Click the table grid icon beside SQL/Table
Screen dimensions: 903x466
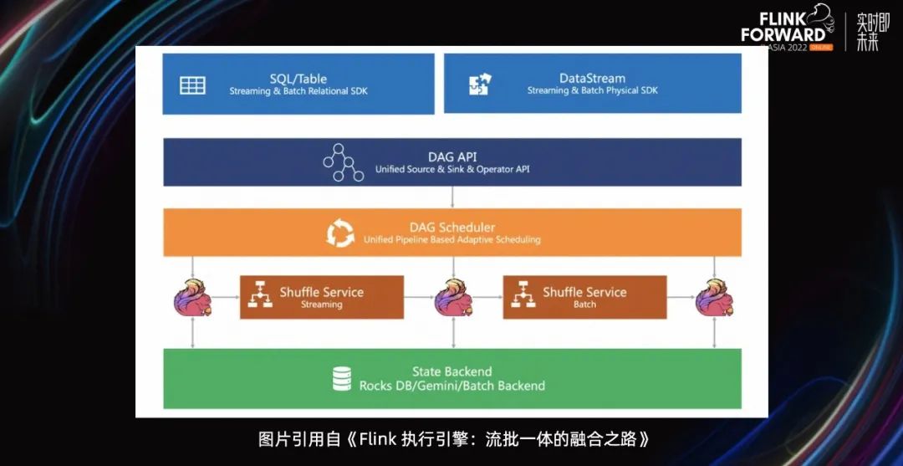click(x=192, y=84)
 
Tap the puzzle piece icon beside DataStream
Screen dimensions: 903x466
click(x=480, y=84)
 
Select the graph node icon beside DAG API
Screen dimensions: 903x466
click(x=343, y=162)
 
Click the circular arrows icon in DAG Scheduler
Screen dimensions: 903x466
click(x=340, y=233)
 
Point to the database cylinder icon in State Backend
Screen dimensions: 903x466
click(x=342, y=378)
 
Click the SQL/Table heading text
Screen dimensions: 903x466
click(x=298, y=79)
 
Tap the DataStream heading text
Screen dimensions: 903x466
click(x=592, y=79)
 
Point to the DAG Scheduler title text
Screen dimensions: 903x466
click(x=451, y=227)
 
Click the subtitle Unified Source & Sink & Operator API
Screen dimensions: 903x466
click(x=451, y=169)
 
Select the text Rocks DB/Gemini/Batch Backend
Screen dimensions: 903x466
click(x=451, y=386)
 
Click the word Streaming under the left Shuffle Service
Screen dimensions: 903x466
click(x=321, y=305)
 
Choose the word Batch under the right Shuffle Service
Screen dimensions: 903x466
click(x=584, y=305)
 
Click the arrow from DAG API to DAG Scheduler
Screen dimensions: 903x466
click(x=452, y=197)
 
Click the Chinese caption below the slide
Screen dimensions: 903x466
click(x=453, y=438)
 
